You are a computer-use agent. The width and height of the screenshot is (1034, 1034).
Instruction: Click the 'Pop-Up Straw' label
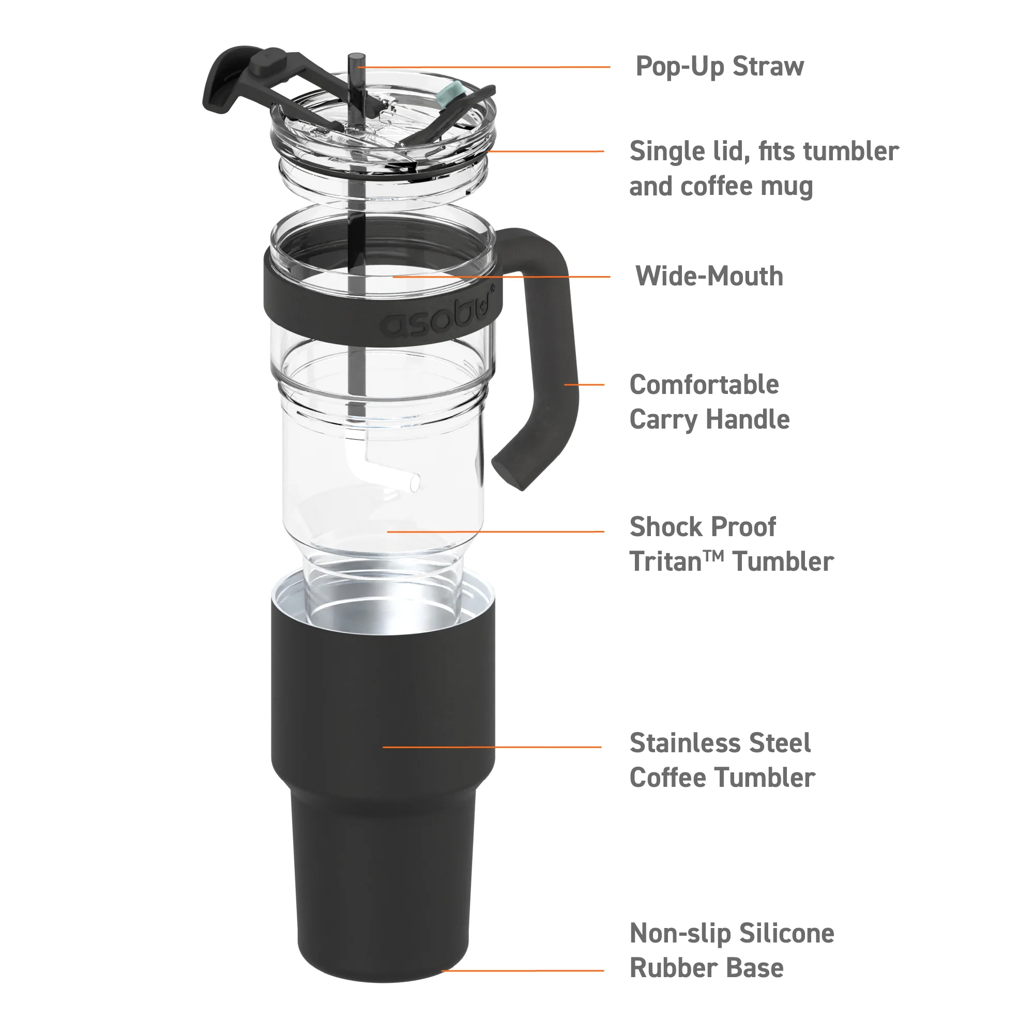[719, 67]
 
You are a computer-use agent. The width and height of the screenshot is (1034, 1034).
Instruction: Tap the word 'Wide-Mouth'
[709, 276]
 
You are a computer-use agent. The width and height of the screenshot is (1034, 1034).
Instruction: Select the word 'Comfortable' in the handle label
[704, 384]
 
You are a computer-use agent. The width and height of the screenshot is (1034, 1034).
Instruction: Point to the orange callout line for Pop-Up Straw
[484, 67]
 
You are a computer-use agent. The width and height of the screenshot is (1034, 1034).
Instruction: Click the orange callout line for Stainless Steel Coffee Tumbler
[492, 747]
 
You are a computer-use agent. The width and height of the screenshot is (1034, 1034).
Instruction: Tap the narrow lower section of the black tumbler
[383, 888]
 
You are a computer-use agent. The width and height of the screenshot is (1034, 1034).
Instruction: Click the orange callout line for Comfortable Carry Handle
[584, 384]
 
